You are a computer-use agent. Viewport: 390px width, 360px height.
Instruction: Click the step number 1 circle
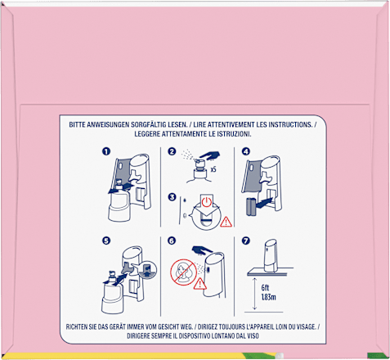click(106, 151)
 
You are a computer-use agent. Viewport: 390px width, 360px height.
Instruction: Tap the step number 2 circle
click(172, 151)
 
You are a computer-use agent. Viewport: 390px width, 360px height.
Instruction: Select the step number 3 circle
click(172, 196)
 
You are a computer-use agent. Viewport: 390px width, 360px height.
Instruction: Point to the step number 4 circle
click(246, 151)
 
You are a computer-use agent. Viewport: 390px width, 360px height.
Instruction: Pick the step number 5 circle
click(106, 241)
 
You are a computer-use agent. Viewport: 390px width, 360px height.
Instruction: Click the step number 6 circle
click(172, 241)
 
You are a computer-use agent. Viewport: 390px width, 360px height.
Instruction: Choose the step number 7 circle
click(246, 241)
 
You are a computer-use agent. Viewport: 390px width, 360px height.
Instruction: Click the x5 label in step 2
click(213, 169)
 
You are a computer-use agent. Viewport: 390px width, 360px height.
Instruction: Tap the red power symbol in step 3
click(207, 202)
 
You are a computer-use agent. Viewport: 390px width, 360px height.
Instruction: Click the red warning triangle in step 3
click(226, 222)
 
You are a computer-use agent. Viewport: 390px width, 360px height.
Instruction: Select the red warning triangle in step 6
click(200, 284)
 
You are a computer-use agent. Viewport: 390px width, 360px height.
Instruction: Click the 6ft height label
click(265, 288)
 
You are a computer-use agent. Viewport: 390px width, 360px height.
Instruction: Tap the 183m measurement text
click(268, 297)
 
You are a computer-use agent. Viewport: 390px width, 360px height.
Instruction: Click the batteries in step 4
click(252, 207)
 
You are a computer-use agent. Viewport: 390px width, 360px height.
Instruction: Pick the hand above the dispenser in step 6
click(203, 250)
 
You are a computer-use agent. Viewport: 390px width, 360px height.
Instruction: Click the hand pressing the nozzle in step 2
click(209, 155)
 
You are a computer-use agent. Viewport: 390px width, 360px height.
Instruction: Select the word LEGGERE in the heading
click(147, 134)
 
